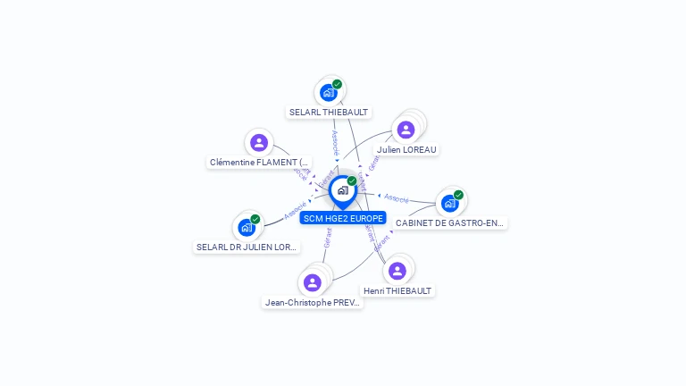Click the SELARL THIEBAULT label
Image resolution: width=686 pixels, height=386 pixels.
(x=329, y=113)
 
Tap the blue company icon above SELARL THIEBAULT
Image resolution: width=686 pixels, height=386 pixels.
(x=329, y=92)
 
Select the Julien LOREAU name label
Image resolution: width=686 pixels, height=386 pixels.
(x=406, y=149)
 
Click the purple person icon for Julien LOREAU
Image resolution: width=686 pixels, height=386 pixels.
(x=406, y=130)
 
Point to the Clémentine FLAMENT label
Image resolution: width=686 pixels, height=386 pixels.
(x=259, y=163)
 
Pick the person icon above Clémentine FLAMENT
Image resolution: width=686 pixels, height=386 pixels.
(x=259, y=142)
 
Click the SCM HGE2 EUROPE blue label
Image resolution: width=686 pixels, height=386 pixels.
(x=343, y=218)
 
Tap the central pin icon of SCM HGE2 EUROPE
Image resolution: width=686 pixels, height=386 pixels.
(x=343, y=190)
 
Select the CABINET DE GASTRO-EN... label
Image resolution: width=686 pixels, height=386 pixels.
(x=450, y=222)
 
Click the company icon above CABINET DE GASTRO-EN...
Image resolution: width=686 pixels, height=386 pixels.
(x=450, y=203)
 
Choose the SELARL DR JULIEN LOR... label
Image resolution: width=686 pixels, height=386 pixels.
(x=247, y=247)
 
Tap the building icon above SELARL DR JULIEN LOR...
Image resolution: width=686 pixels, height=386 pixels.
(x=247, y=227)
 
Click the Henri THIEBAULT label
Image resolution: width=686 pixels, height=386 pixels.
(x=397, y=290)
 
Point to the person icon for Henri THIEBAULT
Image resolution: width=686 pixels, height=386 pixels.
(x=397, y=271)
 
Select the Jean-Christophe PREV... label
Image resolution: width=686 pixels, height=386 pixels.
(x=313, y=302)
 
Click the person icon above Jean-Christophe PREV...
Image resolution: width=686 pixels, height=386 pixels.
(x=312, y=282)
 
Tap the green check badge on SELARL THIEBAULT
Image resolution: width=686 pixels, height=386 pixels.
(x=337, y=84)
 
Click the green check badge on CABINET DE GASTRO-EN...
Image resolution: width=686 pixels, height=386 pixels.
(x=458, y=195)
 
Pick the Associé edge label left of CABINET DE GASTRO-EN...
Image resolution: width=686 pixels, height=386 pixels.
(x=397, y=197)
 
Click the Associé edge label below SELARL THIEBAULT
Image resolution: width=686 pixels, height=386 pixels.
(x=334, y=142)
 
